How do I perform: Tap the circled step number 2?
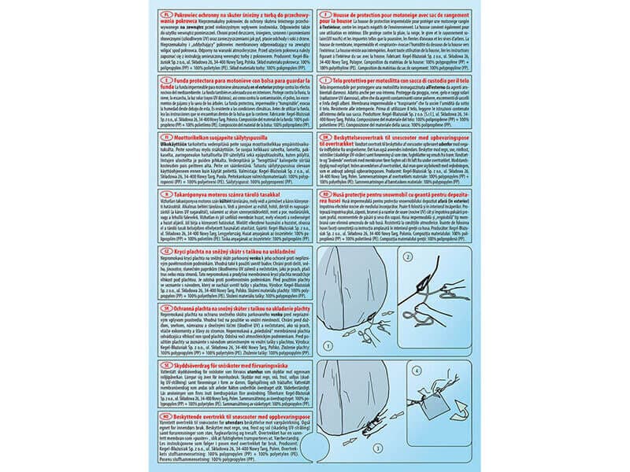pos(408,256)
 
